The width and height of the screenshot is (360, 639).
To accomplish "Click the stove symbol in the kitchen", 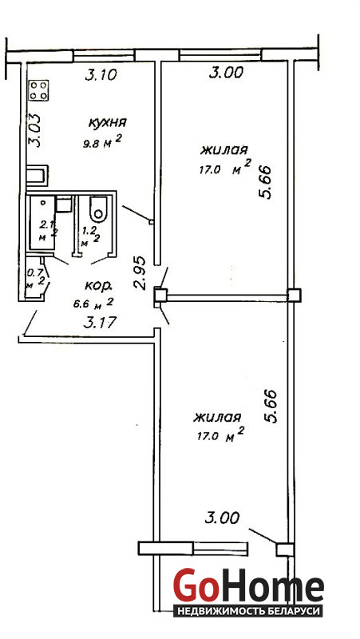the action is (x=38, y=90).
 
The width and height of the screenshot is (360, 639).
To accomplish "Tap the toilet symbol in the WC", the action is (x=98, y=208).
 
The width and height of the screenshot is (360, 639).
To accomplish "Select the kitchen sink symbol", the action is (x=38, y=175).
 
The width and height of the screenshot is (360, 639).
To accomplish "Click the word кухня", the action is (x=108, y=122).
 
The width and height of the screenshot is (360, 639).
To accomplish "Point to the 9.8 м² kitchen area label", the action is (x=102, y=142).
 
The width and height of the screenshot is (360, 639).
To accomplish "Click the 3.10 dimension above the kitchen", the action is (x=101, y=74).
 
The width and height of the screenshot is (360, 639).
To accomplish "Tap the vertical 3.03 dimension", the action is (x=35, y=129).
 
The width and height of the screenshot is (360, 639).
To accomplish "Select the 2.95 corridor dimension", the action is (x=140, y=272).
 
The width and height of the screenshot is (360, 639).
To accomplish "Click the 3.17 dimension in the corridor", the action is (x=100, y=323).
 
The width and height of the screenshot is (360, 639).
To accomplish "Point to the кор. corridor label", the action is (x=98, y=286).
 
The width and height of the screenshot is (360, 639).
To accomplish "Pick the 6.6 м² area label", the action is (x=93, y=304).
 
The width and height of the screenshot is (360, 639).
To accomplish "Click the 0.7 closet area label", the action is (x=31, y=272).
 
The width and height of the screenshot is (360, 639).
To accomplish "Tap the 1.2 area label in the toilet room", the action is (x=88, y=231).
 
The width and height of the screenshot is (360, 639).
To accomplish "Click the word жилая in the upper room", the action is (x=224, y=150).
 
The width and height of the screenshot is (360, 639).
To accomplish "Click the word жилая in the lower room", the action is (x=218, y=417).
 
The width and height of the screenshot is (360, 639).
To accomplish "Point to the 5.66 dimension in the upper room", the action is (x=265, y=182).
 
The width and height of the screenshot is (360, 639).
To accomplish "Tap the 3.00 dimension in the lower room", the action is (x=222, y=518).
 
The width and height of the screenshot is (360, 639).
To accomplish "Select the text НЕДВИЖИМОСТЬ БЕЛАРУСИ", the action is (x=248, y=611).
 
